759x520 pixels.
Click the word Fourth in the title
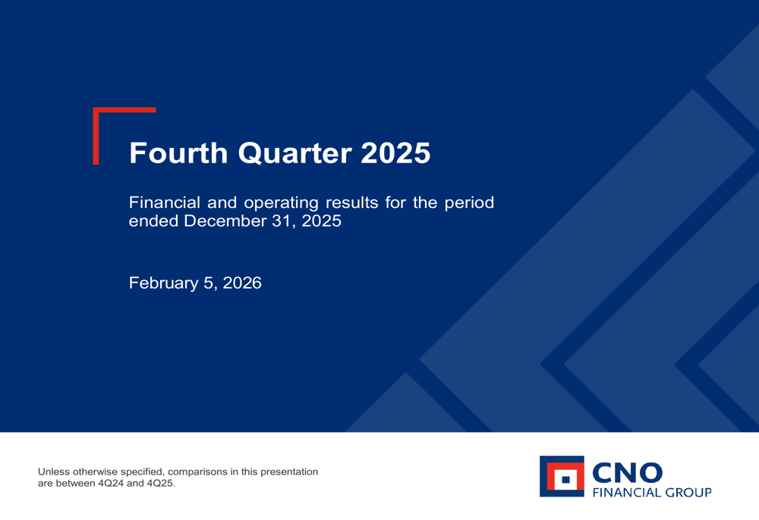coord(178,153)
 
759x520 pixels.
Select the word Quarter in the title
coord(294,153)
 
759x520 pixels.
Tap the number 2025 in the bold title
coord(395,153)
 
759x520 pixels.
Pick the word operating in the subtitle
coord(281,204)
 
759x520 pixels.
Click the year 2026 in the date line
coord(241,283)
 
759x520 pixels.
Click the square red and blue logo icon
coord(562,477)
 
